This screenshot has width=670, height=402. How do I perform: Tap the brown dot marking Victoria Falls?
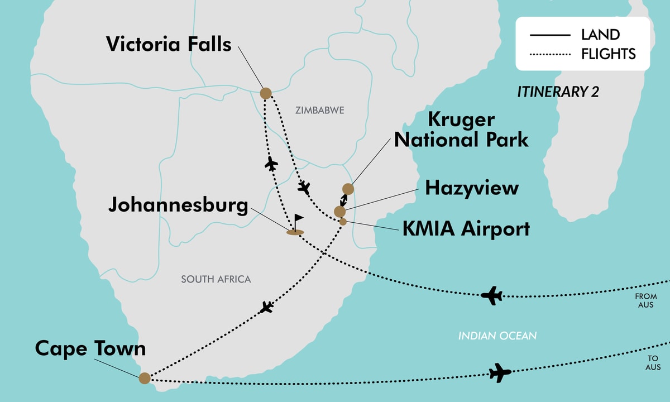(266, 93)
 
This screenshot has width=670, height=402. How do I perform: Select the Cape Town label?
(90, 348)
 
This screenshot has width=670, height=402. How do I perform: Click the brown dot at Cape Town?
(145, 378)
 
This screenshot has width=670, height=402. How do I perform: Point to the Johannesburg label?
(178, 205)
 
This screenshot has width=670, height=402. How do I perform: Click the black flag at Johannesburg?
(298, 220)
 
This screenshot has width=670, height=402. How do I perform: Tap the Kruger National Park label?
(461, 130)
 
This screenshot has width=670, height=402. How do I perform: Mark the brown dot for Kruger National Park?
(348, 189)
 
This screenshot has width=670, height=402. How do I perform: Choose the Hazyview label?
(471, 188)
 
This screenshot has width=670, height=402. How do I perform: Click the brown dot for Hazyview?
(339, 211)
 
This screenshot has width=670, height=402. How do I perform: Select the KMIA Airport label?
(466, 228)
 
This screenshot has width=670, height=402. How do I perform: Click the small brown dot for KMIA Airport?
(343, 222)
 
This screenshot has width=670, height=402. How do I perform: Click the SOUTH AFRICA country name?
(216, 279)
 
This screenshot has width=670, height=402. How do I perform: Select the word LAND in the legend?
(600, 35)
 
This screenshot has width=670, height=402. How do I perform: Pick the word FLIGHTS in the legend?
(608, 54)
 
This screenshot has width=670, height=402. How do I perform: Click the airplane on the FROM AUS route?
(492, 295)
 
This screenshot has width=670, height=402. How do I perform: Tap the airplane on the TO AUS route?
(500, 372)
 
